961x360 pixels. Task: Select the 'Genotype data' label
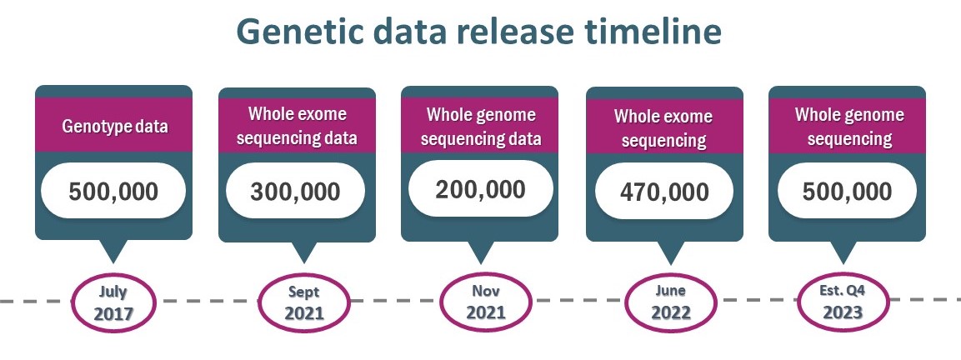click(115, 127)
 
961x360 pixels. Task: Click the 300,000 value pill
click(295, 191)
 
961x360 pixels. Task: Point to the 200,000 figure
click(480, 189)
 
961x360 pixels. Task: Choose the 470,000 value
click(664, 192)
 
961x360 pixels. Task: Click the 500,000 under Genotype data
click(113, 191)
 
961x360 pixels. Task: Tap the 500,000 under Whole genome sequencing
click(847, 191)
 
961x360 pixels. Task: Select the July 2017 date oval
click(114, 302)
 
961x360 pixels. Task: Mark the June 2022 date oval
click(670, 303)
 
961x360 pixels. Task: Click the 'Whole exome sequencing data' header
click(297, 126)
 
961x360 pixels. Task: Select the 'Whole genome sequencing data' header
click(481, 127)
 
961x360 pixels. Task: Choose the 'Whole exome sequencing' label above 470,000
click(664, 128)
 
